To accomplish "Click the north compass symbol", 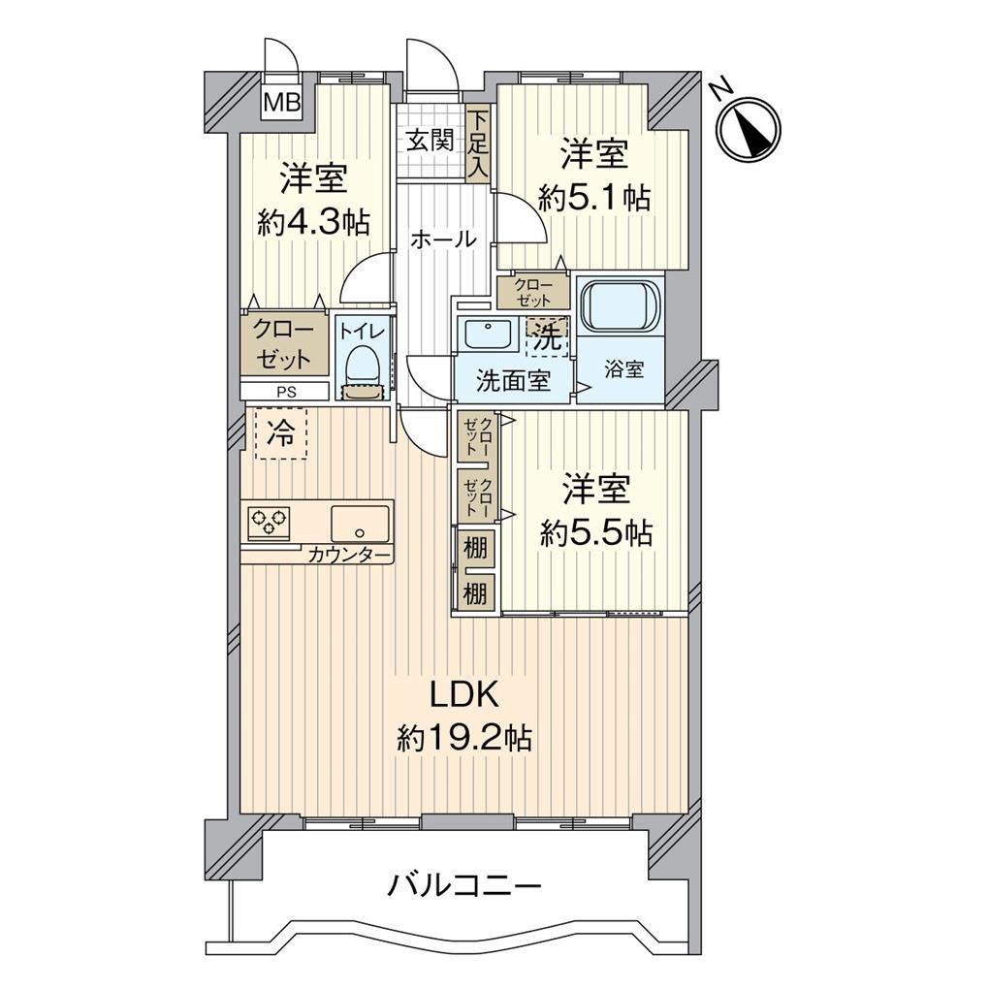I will coord(750,128).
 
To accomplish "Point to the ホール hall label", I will coord(442,239).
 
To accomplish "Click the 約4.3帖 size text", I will coord(313,222).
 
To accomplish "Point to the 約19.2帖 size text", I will coord(463,739).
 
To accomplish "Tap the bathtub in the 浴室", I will coord(619,307).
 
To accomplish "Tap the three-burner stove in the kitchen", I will coord(271,524).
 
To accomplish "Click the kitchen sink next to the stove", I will coord(360,524).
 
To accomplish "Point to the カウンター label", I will coord(350,556).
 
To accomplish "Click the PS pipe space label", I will coord(285,393).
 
